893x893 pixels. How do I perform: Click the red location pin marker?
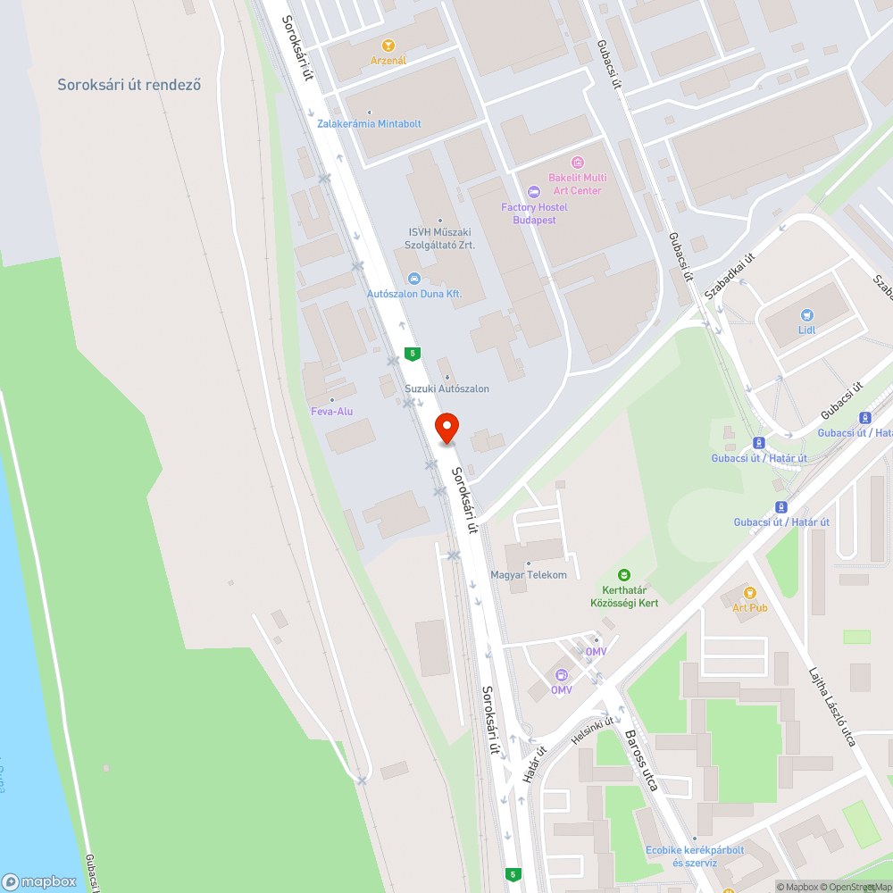(446, 429)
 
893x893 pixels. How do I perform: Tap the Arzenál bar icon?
(388, 46)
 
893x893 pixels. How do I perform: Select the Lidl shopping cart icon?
(807, 314)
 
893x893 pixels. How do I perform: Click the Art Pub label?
(750, 607)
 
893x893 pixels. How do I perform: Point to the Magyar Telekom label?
(529, 574)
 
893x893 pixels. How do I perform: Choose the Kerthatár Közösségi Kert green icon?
(625, 575)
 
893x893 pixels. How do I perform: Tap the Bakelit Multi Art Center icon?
(577, 162)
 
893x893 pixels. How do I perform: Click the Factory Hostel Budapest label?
(534, 213)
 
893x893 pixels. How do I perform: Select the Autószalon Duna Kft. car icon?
(413, 278)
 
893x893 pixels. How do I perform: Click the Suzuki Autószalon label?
(446, 388)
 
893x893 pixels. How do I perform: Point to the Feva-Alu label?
(331, 411)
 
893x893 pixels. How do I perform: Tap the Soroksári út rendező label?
(129, 86)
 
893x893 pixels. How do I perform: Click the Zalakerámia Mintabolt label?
(369, 123)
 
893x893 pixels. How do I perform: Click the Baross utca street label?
(641, 760)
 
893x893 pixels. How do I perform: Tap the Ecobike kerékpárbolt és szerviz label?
(695, 856)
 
